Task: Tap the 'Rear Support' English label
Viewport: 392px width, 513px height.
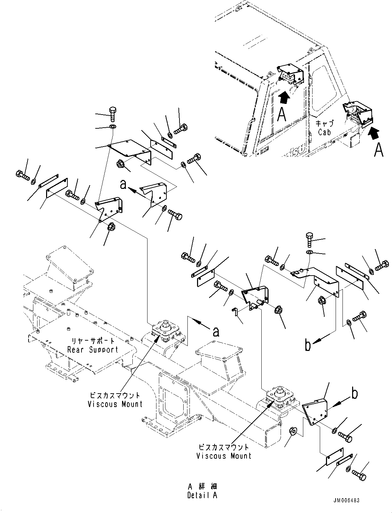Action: pos(93,350)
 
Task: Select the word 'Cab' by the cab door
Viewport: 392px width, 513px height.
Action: pos(325,132)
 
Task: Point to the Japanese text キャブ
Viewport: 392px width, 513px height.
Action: pos(325,123)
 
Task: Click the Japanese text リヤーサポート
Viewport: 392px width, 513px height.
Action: pos(93,341)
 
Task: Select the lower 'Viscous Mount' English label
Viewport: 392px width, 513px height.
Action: pos(224,456)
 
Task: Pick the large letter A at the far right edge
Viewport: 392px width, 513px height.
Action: pos(379,150)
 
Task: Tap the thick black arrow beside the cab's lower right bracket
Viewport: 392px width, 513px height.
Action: pos(373,134)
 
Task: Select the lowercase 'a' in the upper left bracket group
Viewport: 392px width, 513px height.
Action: pos(123,184)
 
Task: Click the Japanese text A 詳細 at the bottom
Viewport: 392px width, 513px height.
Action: pos(203,487)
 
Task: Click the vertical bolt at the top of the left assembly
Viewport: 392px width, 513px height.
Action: pos(113,115)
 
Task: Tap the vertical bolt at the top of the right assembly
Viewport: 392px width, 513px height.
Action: pos(309,240)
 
